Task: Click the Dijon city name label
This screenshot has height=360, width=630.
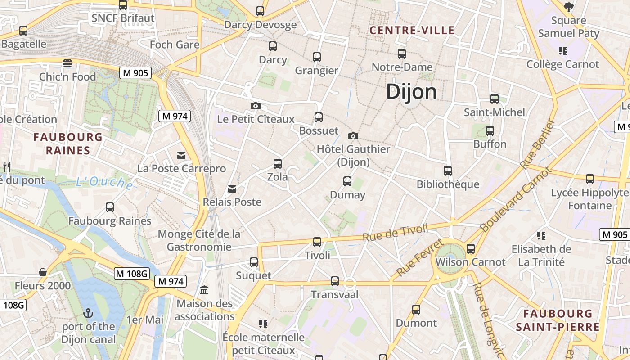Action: pyautogui.click(x=411, y=92)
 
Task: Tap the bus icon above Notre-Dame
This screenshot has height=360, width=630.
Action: pyautogui.click(x=402, y=54)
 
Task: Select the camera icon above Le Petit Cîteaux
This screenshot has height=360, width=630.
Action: pyautogui.click(x=256, y=106)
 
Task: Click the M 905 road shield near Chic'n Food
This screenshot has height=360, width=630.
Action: pyautogui.click(x=135, y=73)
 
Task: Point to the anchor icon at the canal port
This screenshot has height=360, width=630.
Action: pyautogui.click(x=89, y=313)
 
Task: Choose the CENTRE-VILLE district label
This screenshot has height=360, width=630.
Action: pyautogui.click(x=412, y=31)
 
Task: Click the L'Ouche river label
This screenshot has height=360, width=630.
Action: pyautogui.click(x=104, y=183)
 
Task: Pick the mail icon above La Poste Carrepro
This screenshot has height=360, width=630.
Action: pyautogui.click(x=181, y=156)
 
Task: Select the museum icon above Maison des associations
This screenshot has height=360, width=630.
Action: pyautogui.click(x=204, y=290)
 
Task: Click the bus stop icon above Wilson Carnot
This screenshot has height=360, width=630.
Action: pyautogui.click(x=471, y=248)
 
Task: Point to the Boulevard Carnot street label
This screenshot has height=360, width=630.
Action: pyautogui.click(x=516, y=200)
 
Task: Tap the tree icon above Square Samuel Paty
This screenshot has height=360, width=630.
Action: pyautogui.click(x=569, y=7)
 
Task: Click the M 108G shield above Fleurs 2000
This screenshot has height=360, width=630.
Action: pyautogui.click(x=131, y=273)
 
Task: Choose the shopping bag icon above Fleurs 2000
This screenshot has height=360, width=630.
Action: pyautogui.click(x=43, y=272)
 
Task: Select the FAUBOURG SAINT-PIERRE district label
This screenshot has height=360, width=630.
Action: pyautogui.click(x=558, y=320)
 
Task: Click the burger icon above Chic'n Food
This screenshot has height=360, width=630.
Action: pyautogui.click(x=67, y=63)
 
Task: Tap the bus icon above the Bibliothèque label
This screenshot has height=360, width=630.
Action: pyautogui.click(x=448, y=171)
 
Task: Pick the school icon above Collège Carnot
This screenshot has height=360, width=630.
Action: pyautogui.click(x=562, y=51)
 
